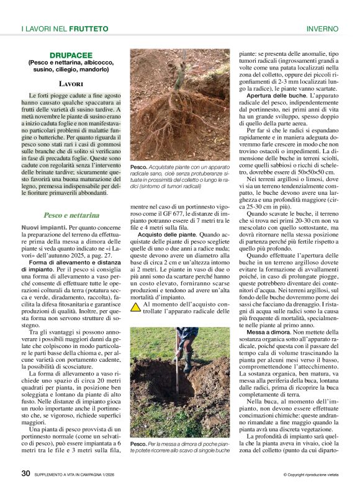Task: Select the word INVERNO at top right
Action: tap(322, 29)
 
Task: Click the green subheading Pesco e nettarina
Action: tap(71, 215)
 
